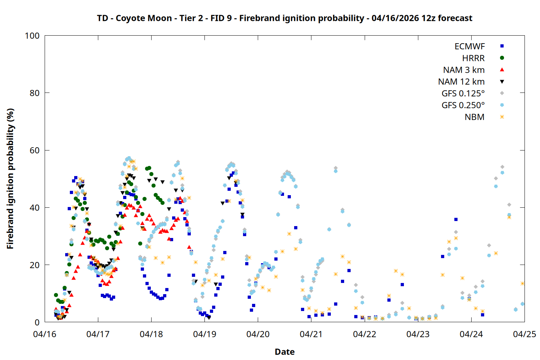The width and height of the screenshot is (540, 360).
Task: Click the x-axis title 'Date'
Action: click(x=284, y=352)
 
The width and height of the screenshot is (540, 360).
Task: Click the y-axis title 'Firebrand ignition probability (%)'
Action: click(x=10, y=179)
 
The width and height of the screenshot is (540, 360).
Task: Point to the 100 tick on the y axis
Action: click(x=32, y=36)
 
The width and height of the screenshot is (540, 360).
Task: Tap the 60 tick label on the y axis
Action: click(x=35, y=150)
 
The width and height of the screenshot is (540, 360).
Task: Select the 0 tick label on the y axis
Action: click(x=37, y=322)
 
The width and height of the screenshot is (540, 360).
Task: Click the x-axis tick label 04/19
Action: click(x=204, y=334)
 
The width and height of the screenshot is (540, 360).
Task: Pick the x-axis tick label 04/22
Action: click(x=364, y=334)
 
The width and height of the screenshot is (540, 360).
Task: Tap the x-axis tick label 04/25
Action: click(x=524, y=334)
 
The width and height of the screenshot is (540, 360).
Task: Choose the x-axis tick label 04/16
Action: click(x=45, y=334)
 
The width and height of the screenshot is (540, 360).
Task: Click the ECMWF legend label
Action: click(x=469, y=46)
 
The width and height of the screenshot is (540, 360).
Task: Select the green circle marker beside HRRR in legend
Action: click(x=502, y=58)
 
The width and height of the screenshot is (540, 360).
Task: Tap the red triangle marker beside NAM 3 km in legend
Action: click(x=502, y=70)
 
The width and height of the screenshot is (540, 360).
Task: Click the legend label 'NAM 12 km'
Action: click(x=461, y=82)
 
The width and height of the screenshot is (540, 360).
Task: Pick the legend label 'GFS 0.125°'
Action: click(x=463, y=94)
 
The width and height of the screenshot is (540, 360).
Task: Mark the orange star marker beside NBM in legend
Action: click(x=502, y=117)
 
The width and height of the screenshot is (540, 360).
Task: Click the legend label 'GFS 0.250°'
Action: click(x=463, y=105)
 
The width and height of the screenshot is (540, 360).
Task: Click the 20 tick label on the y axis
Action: click(x=35, y=265)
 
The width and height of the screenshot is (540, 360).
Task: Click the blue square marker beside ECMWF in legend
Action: click(x=502, y=46)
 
